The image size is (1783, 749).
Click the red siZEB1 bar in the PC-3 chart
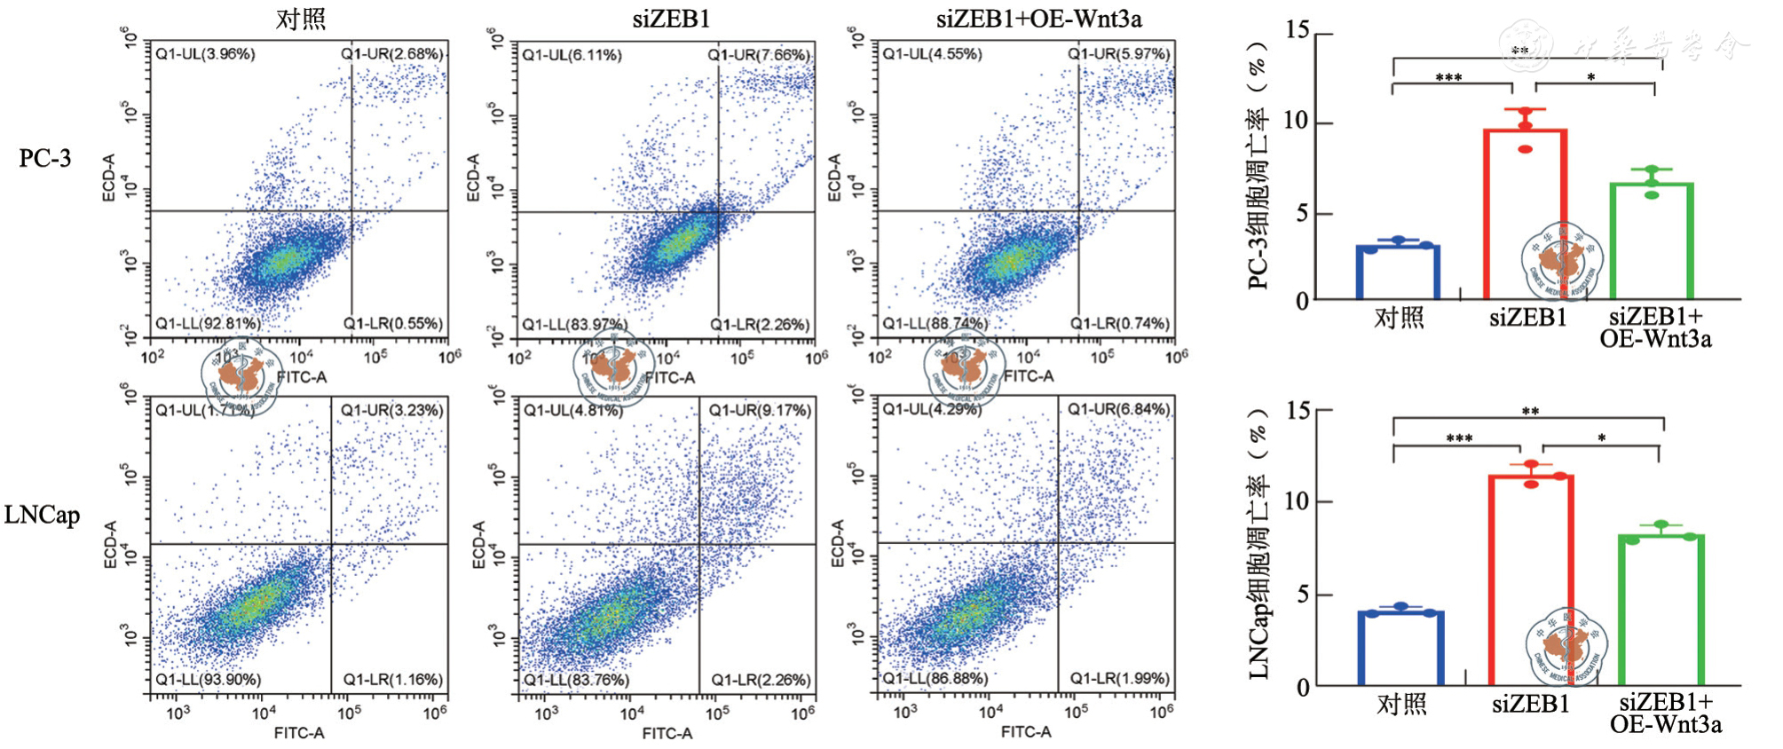pos(1525,213)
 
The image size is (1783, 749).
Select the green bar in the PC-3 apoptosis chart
pos(1651,240)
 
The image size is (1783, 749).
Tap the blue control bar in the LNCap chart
pos(1400,648)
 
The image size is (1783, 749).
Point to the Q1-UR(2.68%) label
pos(391,54)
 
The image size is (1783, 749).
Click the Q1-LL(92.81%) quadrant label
pos(209,323)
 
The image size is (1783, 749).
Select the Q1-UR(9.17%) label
pos(760,410)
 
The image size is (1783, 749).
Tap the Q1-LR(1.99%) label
pos(1119,678)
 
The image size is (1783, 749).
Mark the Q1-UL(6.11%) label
pos(572,55)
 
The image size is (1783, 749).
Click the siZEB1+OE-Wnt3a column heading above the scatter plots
pos(1038,19)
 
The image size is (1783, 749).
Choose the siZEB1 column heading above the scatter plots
pos(671,19)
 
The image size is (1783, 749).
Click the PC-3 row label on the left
pos(44,158)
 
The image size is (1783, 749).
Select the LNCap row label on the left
pos(42,515)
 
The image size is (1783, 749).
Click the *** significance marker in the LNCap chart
pos(1458,438)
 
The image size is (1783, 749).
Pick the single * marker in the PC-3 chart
pos(1591,77)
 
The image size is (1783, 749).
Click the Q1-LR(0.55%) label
pos(393,323)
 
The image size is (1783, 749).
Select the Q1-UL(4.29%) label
pos(932,410)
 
